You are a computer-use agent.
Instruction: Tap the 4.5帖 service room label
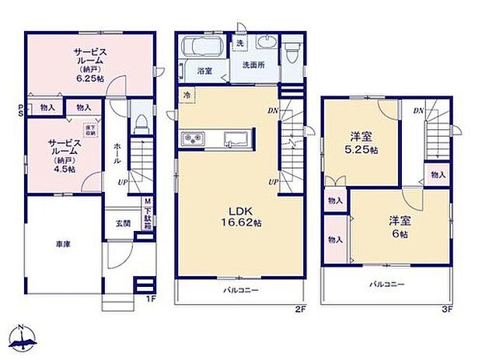62,156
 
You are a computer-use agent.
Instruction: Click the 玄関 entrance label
124,225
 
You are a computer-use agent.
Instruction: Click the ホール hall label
117,148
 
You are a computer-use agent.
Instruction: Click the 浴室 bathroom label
204,71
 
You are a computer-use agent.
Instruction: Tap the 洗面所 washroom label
253,65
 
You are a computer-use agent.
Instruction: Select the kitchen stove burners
192,139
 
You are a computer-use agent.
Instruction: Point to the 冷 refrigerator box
187,94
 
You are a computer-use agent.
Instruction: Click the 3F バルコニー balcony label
386,285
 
